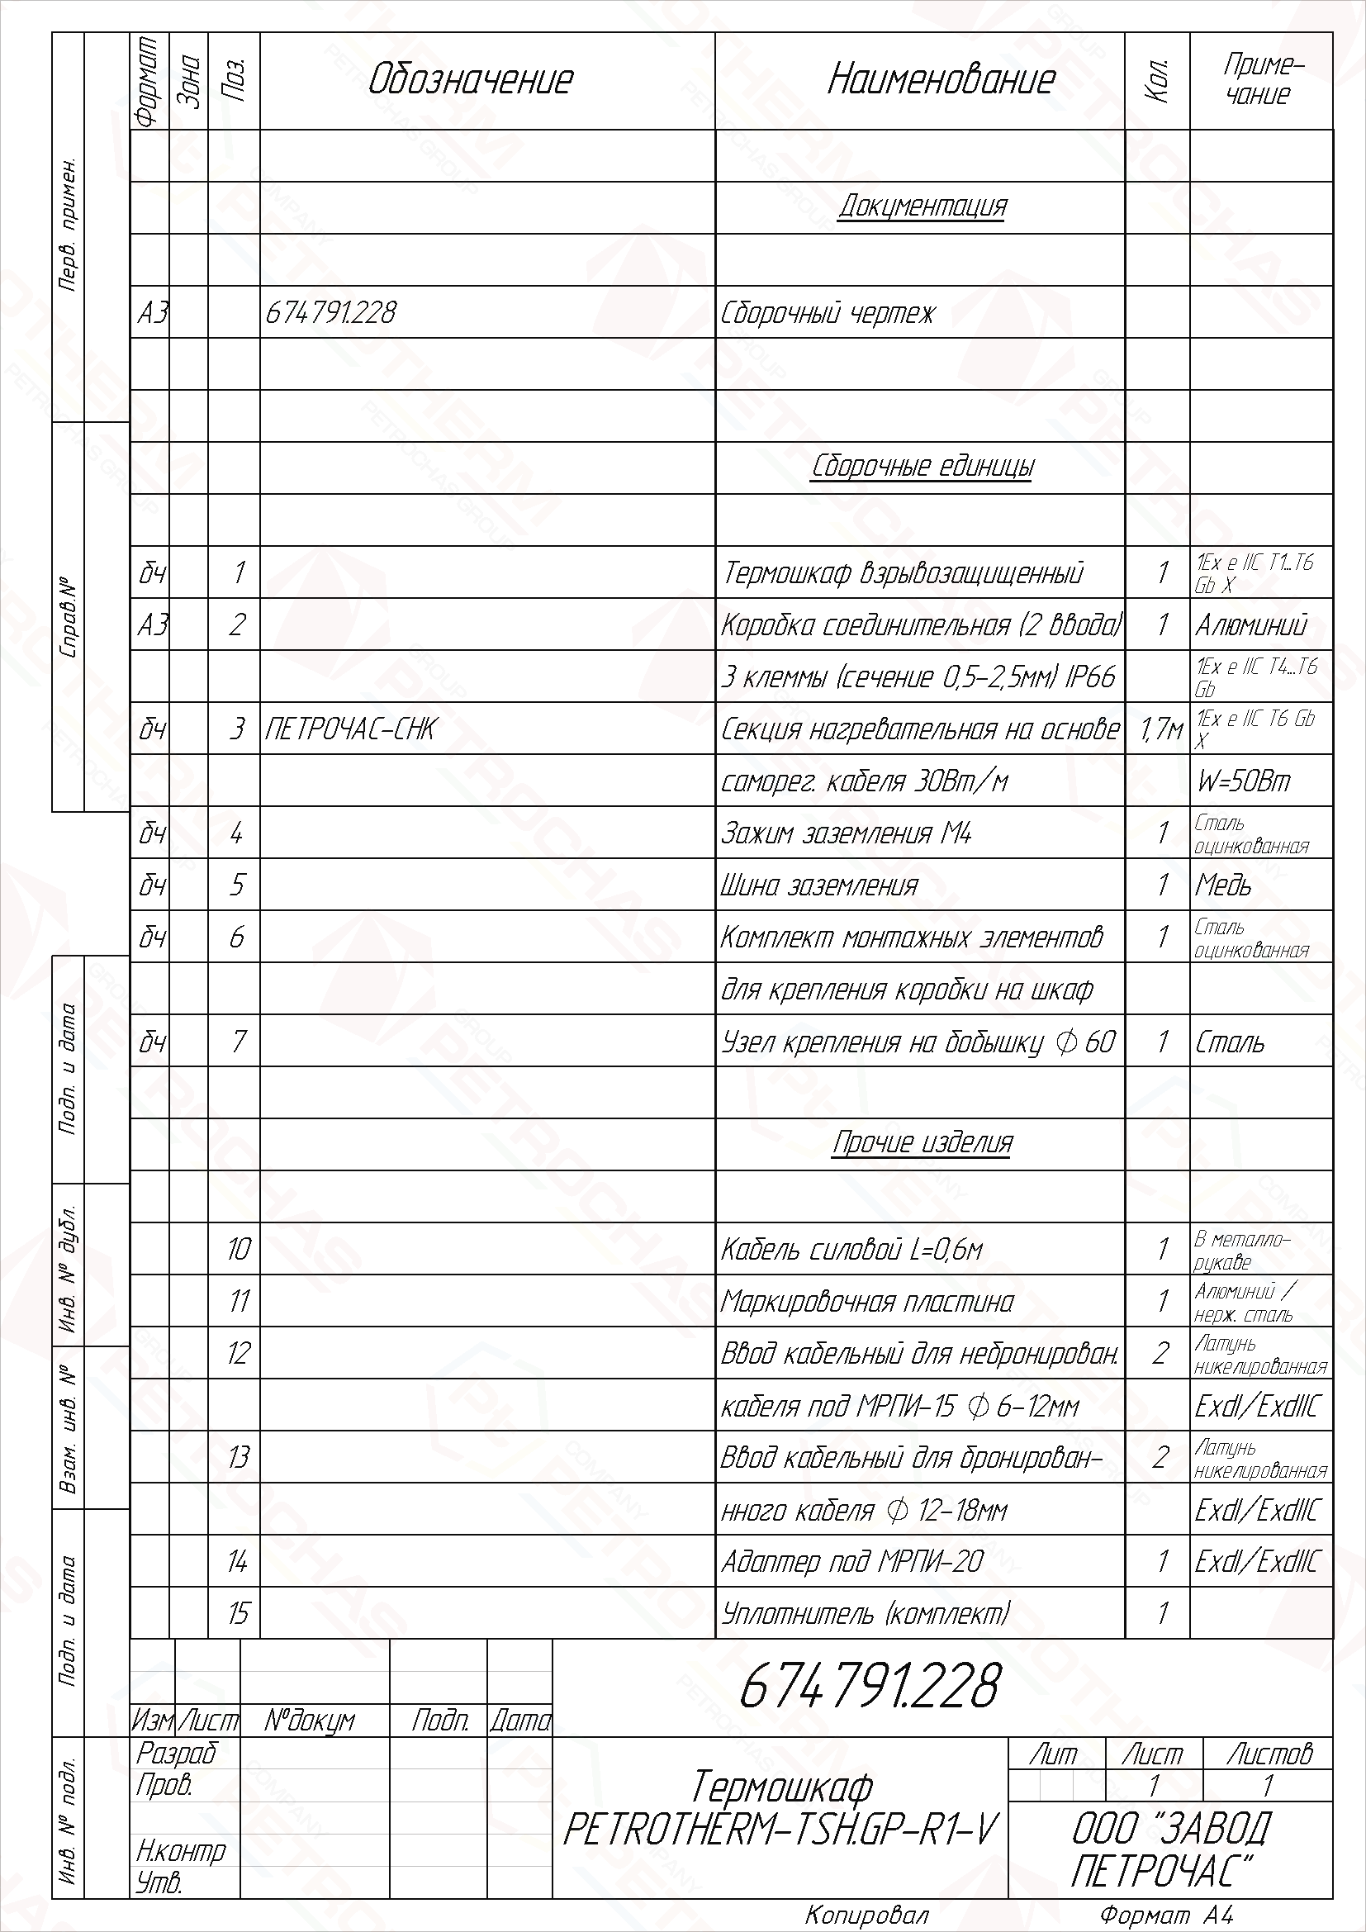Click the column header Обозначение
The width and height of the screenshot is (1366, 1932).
point(470,80)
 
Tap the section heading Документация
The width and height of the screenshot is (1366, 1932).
point(922,206)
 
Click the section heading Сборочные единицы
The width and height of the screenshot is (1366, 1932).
point(922,466)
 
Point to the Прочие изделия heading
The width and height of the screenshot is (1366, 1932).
point(922,1142)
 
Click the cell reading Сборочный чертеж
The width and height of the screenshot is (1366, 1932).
point(828,313)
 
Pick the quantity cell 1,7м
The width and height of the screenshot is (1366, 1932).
point(1160,729)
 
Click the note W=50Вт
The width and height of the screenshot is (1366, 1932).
point(1242,781)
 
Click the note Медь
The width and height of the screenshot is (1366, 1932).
point(1223,885)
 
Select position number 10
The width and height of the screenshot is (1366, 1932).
point(238,1249)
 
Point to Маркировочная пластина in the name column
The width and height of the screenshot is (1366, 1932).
point(866,1302)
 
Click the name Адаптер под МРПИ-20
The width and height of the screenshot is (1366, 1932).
point(851,1562)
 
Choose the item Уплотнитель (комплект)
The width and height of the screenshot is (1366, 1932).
point(866,1613)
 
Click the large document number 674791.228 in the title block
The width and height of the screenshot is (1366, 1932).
point(870,1686)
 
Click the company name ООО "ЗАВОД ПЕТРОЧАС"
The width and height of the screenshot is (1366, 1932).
point(1171,1848)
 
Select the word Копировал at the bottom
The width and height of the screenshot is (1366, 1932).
point(866,1916)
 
